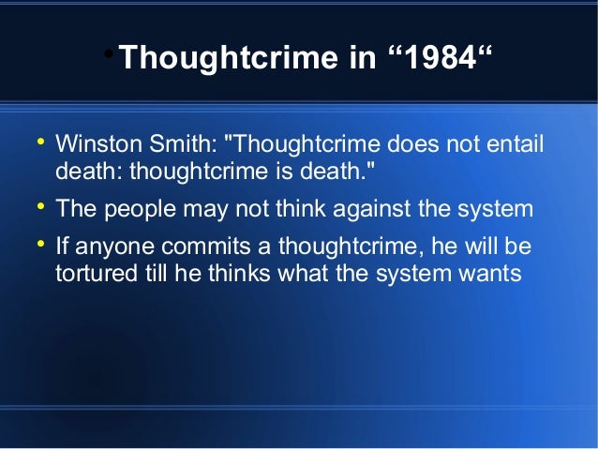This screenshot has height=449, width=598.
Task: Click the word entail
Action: tap(512, 146)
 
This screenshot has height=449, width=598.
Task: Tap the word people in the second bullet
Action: tap(139, 208)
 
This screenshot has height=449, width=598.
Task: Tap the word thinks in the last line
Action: tap(232, 275)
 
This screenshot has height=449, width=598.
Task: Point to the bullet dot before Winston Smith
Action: tap(40, 143)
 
